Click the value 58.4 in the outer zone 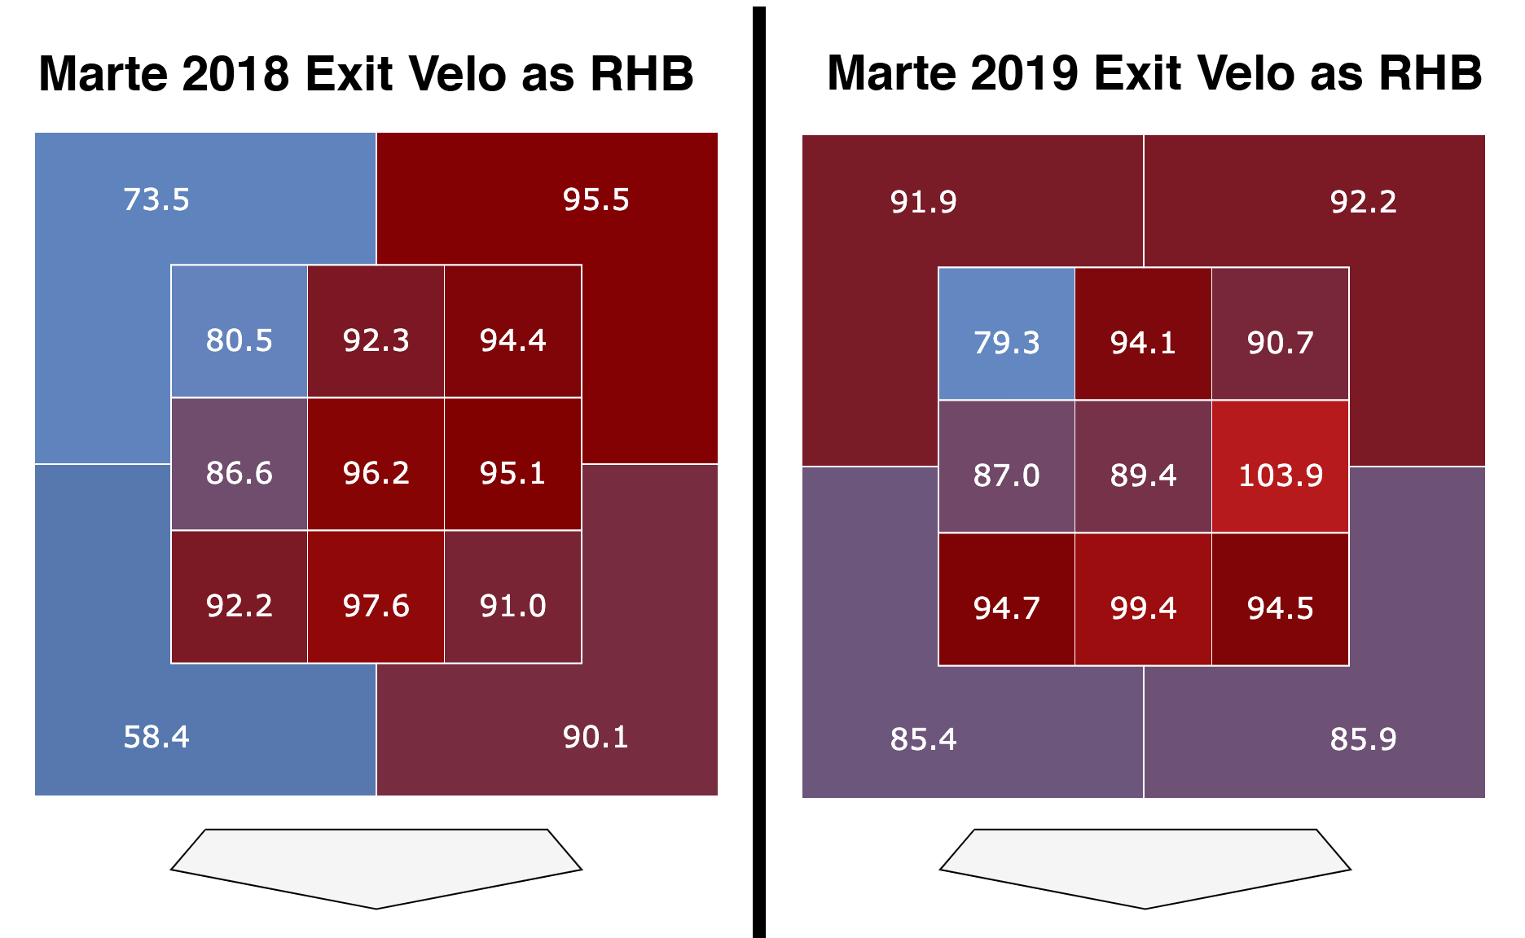click(x=156, y=737)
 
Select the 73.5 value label click(x=156, y=199)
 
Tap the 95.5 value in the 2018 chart click(x=595, y=199)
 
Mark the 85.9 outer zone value click(x=1363, y=739)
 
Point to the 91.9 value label click(x=923, y=202)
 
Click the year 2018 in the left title click(x=236, y=74)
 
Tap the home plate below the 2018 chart click(x=376, y=865)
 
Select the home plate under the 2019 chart click(x=1145, y=865)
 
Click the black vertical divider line click(x=758, y=472)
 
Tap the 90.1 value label click(x=595, y=737)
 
